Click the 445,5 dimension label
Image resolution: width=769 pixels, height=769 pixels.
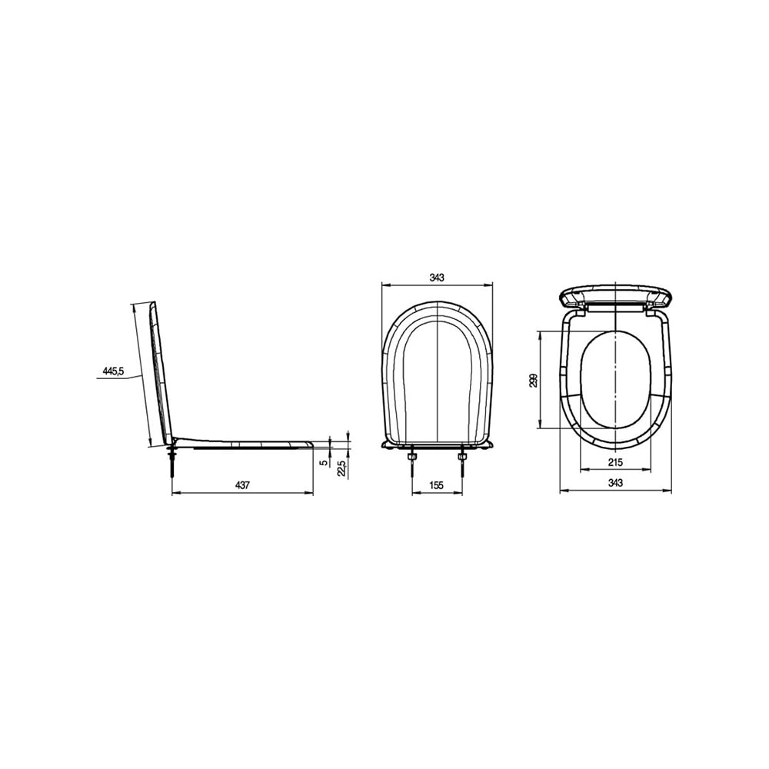[113, 371]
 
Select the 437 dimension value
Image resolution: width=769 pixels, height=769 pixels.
[242, 485]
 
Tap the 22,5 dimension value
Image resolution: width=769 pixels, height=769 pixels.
[342, 468]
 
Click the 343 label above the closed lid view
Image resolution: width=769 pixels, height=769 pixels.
[437, 278]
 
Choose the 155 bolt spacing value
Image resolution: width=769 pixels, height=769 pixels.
[436, 485]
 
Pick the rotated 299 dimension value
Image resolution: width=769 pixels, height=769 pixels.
[534, 380]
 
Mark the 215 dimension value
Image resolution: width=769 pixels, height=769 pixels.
[615, 462]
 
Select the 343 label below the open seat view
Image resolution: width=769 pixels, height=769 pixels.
[615, 483]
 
